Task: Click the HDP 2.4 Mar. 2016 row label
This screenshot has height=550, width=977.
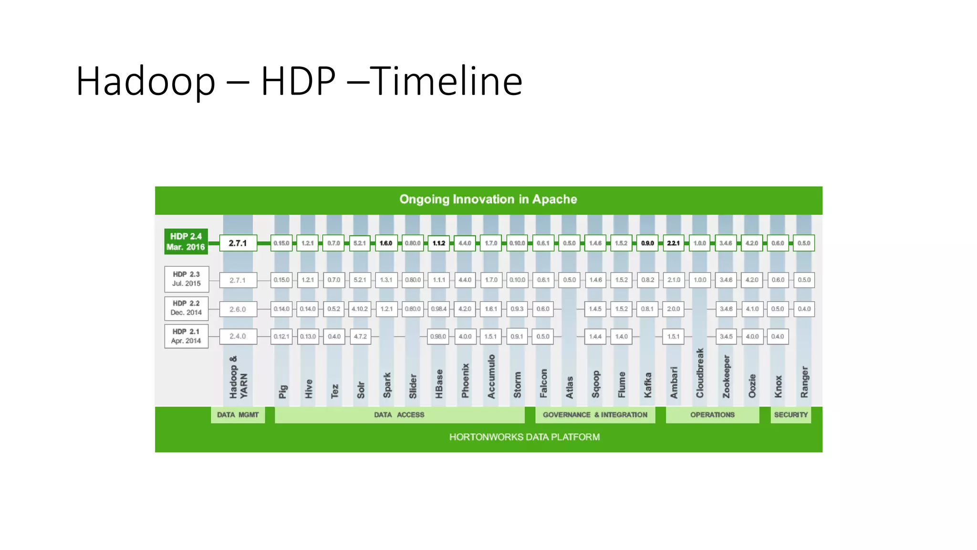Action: pyautogui.click(x=186, y=242)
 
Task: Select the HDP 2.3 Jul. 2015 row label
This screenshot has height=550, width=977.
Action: pyautogui.click(x=186, y=279)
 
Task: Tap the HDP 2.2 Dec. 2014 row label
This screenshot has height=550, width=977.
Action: pyautogui.click(x=186, y=308)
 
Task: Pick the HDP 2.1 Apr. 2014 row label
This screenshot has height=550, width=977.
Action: pyautogui.click(x=186, y=336)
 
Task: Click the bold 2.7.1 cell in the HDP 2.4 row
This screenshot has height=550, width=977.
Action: pyautogui.click(x=238, y=243)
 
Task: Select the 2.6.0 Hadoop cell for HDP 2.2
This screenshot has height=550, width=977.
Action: pyautogui.click(x=238, y=309)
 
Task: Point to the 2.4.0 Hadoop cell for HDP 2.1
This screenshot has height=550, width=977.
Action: pyautogui.click(x=238, y=337)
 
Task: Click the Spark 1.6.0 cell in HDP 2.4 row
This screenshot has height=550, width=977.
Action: pyautogui.click(x=386, y=243)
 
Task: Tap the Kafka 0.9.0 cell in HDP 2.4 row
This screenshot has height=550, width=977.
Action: pyautogui.click(x=647, y=243)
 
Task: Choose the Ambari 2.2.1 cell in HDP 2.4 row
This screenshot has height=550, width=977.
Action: pyautogui.click(x=674, y=243)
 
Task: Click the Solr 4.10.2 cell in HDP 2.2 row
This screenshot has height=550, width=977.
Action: pyautogui.click(x=360, y=309)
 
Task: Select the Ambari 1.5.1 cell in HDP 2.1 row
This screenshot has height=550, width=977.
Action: pyautogui.click(x=674, y=337)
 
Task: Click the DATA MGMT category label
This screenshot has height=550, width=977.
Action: pyautogui.click(x=238, y=415)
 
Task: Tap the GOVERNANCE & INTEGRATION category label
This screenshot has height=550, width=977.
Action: pyautogui.click(x=595, y=415)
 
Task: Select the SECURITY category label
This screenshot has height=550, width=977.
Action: pyautogui.click(x=791, y=415)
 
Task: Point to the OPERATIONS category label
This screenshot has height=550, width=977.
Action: pyautogui.click(x=712, y=415)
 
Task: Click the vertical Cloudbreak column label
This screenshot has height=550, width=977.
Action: pyautogui.click(x=700, y=373)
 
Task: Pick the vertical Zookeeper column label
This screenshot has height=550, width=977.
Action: pyautogui.click(x=726, y=376)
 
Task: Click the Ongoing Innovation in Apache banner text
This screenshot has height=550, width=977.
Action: pyautogui.click(x=488, y=200)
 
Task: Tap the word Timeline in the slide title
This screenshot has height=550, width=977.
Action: pyautogui.click(x=446, y=81)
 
